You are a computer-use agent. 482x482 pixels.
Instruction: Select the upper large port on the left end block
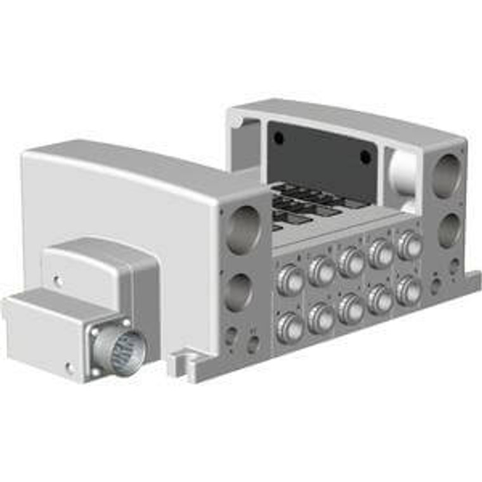pos(243,229)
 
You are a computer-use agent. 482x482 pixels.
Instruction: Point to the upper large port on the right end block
pos(447,175)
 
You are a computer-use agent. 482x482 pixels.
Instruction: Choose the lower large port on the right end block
pos(449,230)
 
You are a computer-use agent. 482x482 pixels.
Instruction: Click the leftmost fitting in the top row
pos(290,280)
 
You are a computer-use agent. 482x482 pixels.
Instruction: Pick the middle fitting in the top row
pos(351,262)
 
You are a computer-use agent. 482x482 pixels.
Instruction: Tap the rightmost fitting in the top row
pos(409,245)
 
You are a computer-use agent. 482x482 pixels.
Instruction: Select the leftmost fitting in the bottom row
pos(290,328)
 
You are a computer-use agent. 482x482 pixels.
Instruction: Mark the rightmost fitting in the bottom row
pos(408,291)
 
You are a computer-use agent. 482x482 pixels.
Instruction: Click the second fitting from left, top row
pos(322,271)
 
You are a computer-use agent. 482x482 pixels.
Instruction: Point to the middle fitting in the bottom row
pos(351,309)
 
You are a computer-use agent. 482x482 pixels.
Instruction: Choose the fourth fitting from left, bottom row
pos(381,299)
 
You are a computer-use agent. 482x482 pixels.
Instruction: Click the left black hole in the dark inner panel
pos(279,138)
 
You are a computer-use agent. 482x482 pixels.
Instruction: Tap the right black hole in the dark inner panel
pos(365,157)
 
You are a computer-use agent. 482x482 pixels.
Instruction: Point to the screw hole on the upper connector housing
pos(58,278)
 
